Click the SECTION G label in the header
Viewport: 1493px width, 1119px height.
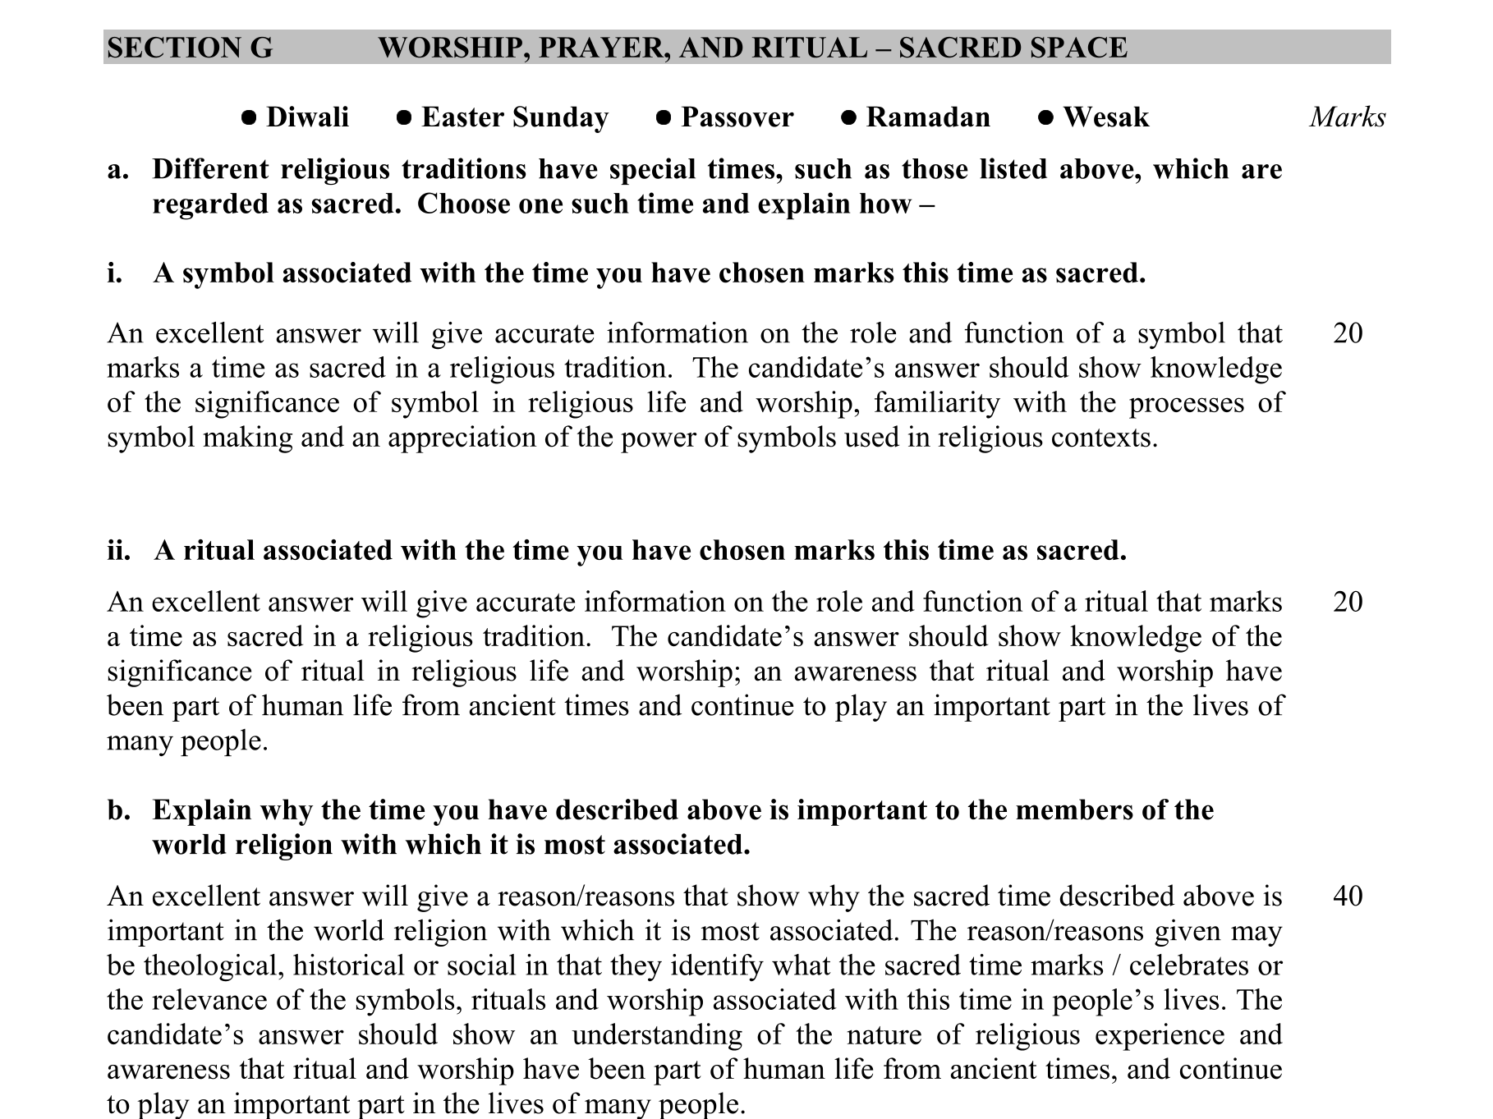pos(190,48)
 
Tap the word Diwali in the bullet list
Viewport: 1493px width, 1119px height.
pos(307,117)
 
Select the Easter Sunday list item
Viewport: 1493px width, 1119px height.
pos(514,117)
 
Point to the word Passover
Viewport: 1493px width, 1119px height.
pos(737,117)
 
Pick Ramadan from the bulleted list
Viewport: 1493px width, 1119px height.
pos(927,117)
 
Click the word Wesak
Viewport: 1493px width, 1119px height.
pos(1105,117)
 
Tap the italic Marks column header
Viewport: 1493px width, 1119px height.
pos(1347,117)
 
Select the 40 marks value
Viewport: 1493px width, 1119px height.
pos(1348,896)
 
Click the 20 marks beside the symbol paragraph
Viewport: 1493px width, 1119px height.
pos(1348,333)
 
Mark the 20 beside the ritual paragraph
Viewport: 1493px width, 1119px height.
pos(1348,602)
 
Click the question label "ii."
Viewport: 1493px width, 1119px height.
pos(118,550)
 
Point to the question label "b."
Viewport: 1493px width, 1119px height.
pos(118,810)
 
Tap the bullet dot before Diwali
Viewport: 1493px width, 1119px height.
pos(249,118)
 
